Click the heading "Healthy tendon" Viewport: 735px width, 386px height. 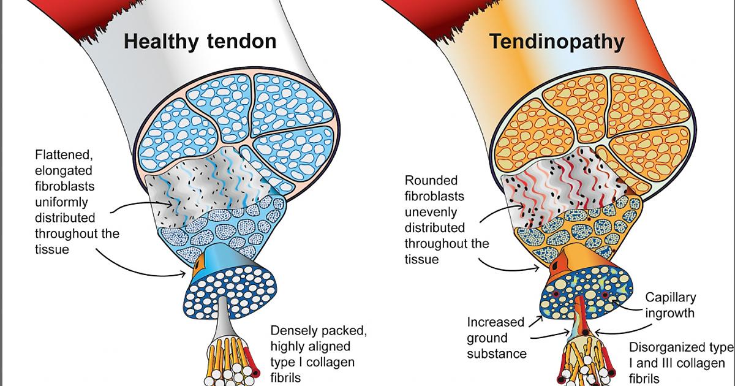[x=200, y=41]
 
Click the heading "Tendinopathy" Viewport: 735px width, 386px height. [x=556, y=41]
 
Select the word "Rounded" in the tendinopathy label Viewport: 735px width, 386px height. [x=430, y=181]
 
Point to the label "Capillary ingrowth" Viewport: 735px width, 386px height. [x=671, y=305]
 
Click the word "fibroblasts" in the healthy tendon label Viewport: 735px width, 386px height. [x=65, y=186]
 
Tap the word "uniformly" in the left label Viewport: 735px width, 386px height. [x=61, y=202]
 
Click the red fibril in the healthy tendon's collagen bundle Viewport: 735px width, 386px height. [x=247, y=361]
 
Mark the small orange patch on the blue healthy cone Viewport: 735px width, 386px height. [x=198, y=268]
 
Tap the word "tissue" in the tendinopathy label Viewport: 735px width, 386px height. [x=421, y=259]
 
